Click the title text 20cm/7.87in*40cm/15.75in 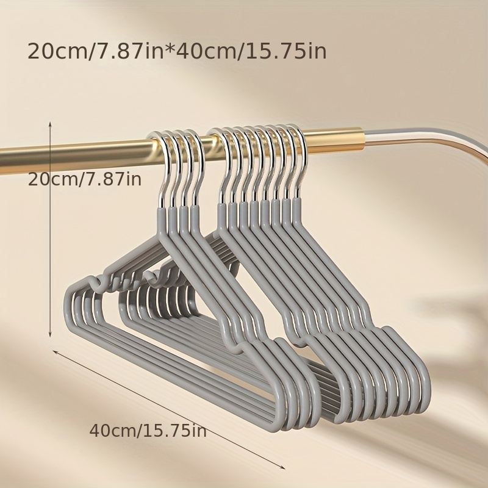point(177,51)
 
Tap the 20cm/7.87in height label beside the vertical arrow point(85,179)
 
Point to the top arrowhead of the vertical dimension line point(50,124)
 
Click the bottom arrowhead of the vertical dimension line point(50,334)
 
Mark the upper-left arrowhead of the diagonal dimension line point(56,352)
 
